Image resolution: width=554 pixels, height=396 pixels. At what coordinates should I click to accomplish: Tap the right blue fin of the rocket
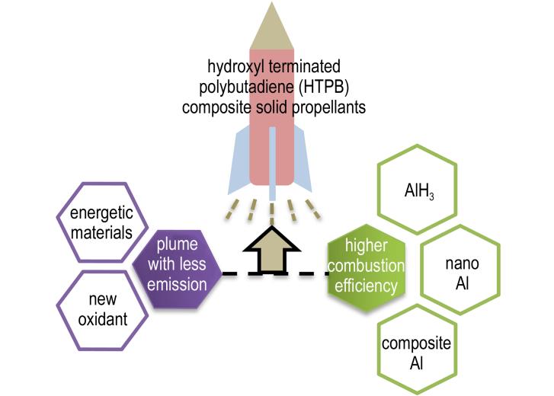pyautogui.click(x=303, y=161)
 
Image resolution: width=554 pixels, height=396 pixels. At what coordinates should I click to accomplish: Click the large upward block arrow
pyautogui.click(x=272, y=251)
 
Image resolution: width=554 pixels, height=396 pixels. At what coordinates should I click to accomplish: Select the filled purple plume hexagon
pyautogui.click(x=177, y=269)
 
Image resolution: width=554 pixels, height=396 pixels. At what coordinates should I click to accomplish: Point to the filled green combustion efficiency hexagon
pyautogui.click(x=367, y=268)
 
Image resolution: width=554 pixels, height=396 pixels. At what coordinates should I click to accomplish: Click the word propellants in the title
pyautogui.click(x=328, y=107)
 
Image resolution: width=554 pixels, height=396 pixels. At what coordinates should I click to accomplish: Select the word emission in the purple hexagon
pyautogui.click(x=177, y=285)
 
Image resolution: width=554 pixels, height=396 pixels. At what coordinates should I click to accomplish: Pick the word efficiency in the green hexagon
pyautogui.click(x=366, y=286)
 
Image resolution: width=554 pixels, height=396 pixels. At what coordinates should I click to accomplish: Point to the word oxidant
pyautogui.click(x=102, y=319)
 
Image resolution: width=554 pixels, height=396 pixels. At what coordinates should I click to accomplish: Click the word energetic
pyautogui.click(x=102, y=212)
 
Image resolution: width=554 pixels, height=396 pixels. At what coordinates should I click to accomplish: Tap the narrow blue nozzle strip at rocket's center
pyautogui.click(x=272, y=164)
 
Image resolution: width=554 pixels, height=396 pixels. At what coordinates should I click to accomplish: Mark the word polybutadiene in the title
pyautogui.click(x=246, y=88)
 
